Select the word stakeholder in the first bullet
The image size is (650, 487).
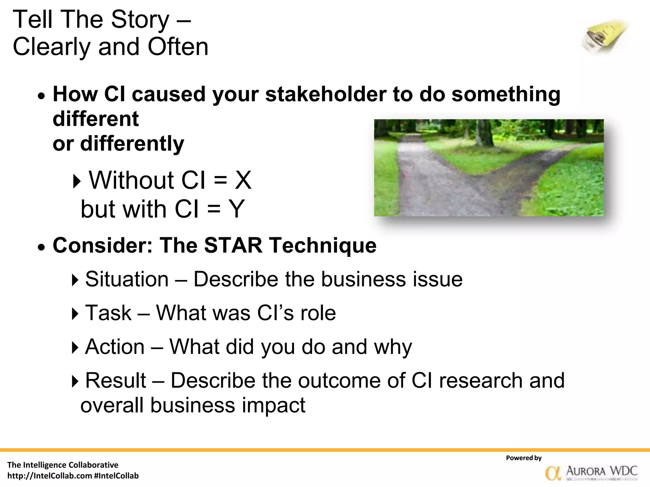(326, 94)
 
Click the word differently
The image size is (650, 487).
(132, 143)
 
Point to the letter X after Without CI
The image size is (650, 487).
(243, 180)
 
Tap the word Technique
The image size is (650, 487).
(322, 245)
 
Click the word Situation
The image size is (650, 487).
(127, 279)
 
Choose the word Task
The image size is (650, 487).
(108, 313)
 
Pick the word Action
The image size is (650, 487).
(115, 347)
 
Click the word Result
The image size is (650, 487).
(116, 380)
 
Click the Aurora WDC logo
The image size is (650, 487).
(591, 472)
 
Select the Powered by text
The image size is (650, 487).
(524, 458)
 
